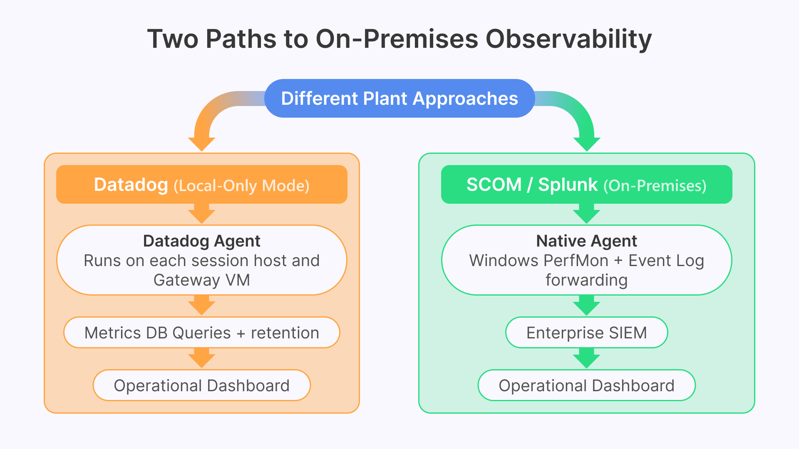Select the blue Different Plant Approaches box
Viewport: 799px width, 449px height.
point(399,99)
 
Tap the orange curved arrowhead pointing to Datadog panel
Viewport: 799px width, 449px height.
point(202,143)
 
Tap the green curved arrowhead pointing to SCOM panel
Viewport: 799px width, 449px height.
point(586,143)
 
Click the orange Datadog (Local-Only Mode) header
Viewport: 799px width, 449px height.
point(202,185)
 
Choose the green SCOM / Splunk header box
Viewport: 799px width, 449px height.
point(586,185)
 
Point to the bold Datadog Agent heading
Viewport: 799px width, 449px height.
point(202,241)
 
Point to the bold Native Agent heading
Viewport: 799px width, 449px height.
point(586,241)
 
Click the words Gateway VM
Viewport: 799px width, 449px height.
point(202,280)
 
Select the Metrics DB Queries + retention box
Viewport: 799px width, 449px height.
point(202,333)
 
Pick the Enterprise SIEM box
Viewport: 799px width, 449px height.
point(586,333)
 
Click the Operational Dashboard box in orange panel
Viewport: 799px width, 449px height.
point(202,385)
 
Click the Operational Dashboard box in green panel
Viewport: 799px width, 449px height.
point(586,385)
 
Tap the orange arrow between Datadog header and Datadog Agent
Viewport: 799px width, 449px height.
point(202,214)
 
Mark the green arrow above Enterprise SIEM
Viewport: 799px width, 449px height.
point(586,306)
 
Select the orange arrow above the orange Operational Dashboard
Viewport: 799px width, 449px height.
point(202,358)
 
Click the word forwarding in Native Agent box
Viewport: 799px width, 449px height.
point(586,280)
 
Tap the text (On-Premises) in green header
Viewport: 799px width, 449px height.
point(655,186)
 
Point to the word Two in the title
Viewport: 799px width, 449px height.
point(173,39)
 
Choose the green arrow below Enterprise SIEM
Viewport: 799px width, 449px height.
point(586,358)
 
